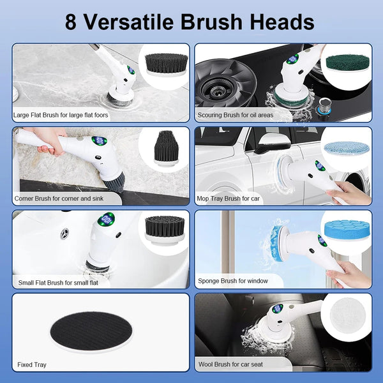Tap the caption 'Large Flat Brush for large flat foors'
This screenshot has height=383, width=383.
61,116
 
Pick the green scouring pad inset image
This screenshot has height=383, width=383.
347,63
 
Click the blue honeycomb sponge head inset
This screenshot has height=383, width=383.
346,230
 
